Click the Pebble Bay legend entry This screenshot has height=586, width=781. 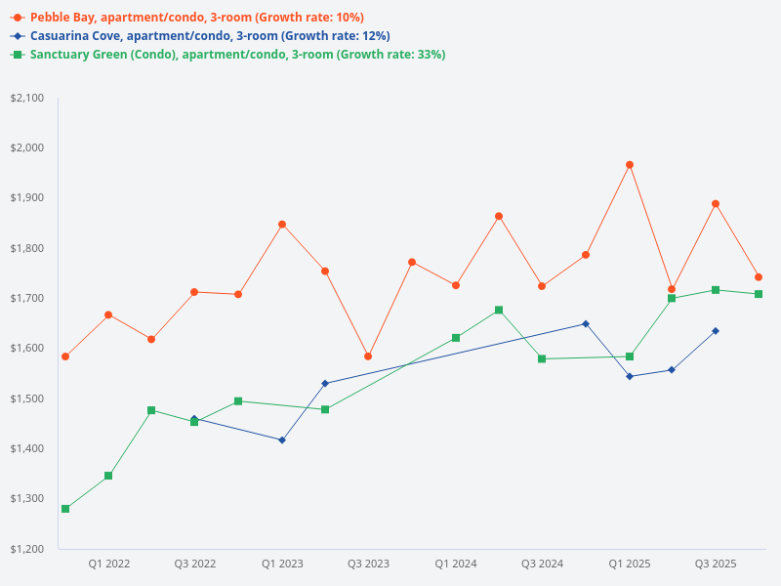pos(196,18)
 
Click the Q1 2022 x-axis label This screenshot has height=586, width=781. pos(108,564)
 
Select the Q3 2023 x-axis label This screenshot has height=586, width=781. pos(368,564)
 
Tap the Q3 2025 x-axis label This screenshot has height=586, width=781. pos(715,564)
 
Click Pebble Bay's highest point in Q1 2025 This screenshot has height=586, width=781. pos(630,165)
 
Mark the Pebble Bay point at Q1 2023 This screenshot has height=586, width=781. pos(282,225)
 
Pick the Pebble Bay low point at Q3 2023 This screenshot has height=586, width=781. pos(368,356)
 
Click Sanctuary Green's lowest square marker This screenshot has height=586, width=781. pos(65,509)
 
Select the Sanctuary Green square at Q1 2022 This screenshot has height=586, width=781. pos(108,476)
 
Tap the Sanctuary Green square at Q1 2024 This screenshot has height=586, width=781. pos(456,338)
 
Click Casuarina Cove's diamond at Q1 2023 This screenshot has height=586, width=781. pos(282,440)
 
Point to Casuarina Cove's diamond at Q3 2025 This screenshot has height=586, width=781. pos(716,331)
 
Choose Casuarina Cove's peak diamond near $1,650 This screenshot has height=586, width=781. pos(586,323)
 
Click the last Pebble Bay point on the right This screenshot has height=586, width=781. pos(759,277)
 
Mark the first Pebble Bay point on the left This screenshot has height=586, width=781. pos(65,356)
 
